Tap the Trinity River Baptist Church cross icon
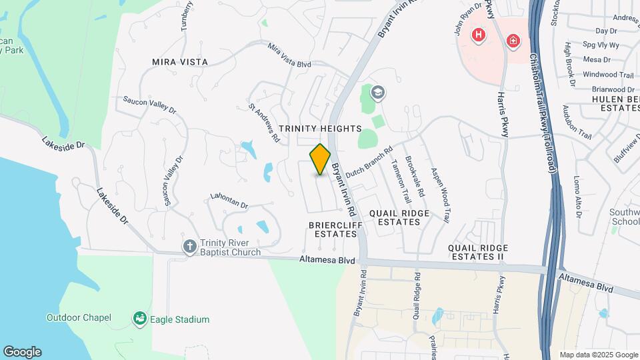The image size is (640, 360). pyautogui.click(x=190, y=247)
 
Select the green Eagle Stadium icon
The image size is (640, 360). pyautogui.click(x=139, y=319)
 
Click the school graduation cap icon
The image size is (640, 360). pyautogui.click(x=379, y=93)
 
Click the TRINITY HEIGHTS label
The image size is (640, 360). pyautogui.click(x=320, y=128)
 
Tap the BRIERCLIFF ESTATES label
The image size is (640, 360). pyautogui.click(x=333, y=229)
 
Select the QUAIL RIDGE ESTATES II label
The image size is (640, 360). pyautogui.click(x=477, y=251)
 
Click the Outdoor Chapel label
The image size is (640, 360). pyautogui.click(x=79, y=317)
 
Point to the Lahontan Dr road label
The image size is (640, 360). pyautogui.click(x=229, y=201)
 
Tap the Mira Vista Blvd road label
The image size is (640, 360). pyautogui.click(x=289, y=55)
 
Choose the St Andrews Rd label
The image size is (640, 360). pyautogui.click(x=263, y=123)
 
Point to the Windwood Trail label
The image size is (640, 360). pyautogui.click(x=608, y=75)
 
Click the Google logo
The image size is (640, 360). pyautogui.click(x=22, y=352)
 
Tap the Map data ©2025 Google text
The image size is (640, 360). pyautogui.click(x=597, y=355)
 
